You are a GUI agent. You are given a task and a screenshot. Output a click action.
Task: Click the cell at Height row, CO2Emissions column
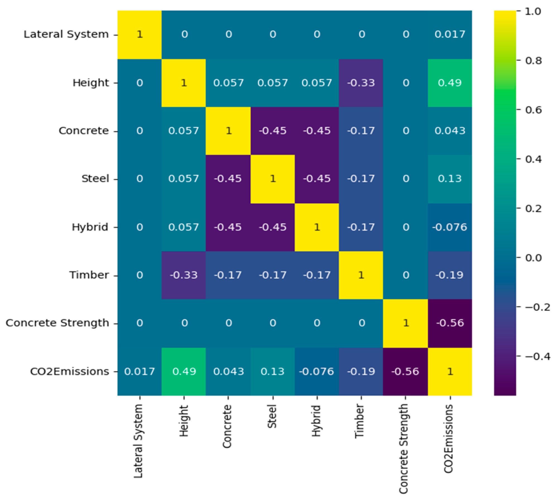tap(450, 83)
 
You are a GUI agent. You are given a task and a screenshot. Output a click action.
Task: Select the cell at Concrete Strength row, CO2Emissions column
tap(450, 323)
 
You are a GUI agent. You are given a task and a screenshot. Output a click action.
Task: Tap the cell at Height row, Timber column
tap(361, 83)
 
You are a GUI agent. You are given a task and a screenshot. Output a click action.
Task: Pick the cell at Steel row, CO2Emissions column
tap(450, 179)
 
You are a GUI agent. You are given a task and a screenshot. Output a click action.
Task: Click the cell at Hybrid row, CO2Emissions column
tap(450, 227)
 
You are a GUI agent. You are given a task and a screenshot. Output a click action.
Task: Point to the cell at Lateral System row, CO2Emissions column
tap(450, 34)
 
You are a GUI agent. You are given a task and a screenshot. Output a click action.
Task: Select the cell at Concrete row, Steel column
tap(272, 131)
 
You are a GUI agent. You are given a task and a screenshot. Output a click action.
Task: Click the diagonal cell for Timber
tap(361, 275)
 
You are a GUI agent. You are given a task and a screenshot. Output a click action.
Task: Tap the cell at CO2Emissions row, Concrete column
tap(228, 371)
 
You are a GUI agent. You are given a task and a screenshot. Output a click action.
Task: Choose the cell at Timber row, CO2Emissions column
tap(450, 275)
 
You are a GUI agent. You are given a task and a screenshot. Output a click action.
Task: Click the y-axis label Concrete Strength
tap(57, 323)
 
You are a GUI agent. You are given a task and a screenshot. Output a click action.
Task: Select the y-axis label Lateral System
tap(66, 34)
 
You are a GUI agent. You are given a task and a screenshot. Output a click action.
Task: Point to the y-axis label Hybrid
tap(90, 227)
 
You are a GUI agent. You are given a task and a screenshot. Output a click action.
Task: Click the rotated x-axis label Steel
tap(272, 416)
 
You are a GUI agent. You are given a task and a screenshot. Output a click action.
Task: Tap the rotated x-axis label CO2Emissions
tap(448, 439)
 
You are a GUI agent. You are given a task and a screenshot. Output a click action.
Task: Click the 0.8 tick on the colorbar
tap(533, 61)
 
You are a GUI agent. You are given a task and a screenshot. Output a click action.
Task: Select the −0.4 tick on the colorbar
tap(537, 356)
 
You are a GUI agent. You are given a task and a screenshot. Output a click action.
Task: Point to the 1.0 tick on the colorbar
tap(533, 11)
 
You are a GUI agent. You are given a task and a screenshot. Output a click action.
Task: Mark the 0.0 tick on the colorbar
tap(533, 258)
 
